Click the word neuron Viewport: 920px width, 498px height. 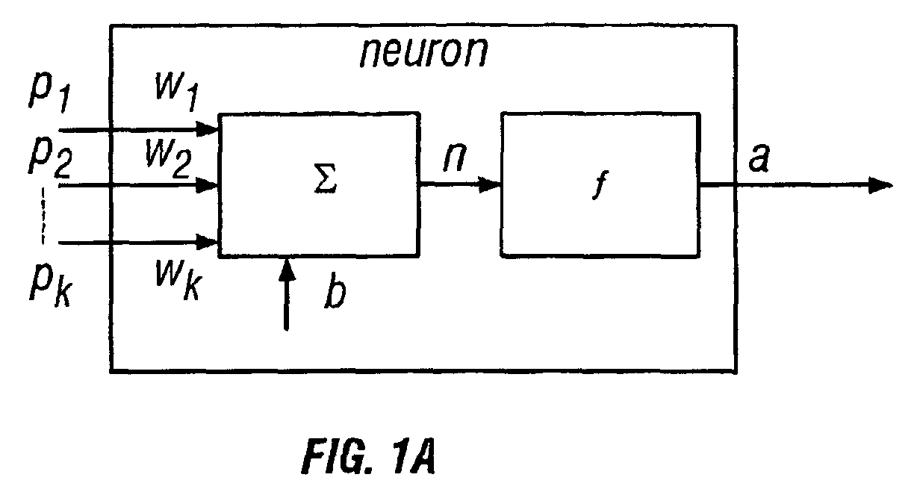click(x=424, y=52)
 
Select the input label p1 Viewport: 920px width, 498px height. click(x=50, y=93)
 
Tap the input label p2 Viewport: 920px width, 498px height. click(x=50, y=158)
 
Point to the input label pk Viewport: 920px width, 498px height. click(x=51, y=288)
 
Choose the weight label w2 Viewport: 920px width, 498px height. click(x=169, y=159)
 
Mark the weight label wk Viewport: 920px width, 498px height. click(x=178, y=281)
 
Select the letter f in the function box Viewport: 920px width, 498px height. click(x=600, y=184)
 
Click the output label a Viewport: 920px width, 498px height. click(x=759, y=158)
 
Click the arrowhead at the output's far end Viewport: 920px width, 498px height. click(x=880, y=186)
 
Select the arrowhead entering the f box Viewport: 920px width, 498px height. click(x=491, y=184)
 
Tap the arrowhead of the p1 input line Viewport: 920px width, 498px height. click(x=208, y=129)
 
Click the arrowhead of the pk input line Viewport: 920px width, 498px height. click(x=207, y=242)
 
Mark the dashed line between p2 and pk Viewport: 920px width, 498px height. click(x=43, y=216)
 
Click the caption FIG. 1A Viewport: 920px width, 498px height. click(x=368, y=456)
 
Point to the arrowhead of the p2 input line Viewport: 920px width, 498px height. click(x=207, y=185)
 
